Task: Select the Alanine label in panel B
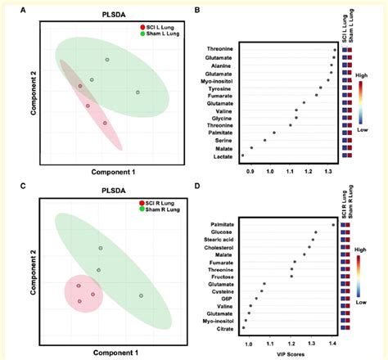pos(262,65)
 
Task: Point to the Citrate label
pos(263,329)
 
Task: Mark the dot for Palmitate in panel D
pos(332,223)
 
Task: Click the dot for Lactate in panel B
pos(243,155)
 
